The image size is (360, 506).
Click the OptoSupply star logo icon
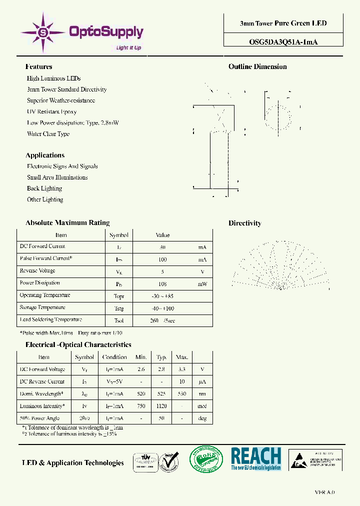click(x=43, y=32)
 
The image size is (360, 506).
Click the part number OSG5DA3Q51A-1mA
click(x=283, y=42)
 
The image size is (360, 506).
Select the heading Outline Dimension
click(x=257, y=66)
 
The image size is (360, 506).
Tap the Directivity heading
click(x=244, y=223)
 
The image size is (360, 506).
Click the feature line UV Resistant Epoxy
click(x=52, y=111)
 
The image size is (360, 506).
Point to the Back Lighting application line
click(x=44, y=188)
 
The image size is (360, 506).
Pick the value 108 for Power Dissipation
click(x=162, y=283)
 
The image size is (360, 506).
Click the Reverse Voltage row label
click(x=37, y=271)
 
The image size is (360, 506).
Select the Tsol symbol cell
click(x=118, y=320)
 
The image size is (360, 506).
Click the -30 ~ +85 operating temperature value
click(x=162, y=296)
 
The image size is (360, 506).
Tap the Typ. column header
click(x=161, y=357)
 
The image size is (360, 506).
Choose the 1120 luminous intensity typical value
click(x=161, y=406)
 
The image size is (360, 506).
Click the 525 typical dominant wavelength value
click(x=161, y=394)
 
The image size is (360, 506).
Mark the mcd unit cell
click(x=202, y=406)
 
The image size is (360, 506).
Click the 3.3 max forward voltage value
click(x=182, y=369)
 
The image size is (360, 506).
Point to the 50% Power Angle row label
click(x=39, y=418)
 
